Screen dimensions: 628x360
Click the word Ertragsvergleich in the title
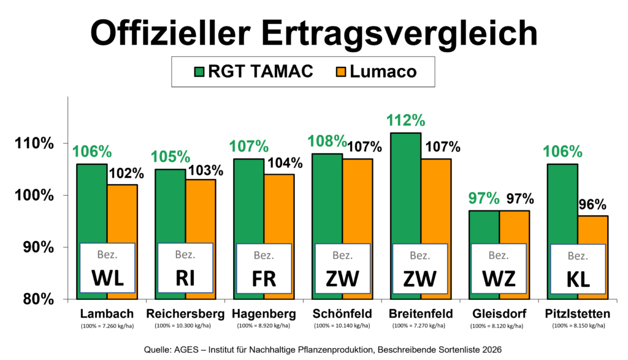(x=400, y=34)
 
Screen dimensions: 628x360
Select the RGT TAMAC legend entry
(x=253, y=72)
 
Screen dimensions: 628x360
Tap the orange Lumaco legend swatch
(x=341, y=72)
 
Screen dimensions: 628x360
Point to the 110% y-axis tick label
(x=34, y=143)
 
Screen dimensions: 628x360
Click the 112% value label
(x=406, y=121)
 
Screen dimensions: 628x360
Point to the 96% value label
(x=592, y=205)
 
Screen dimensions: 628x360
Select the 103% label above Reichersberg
(x=205, y=170)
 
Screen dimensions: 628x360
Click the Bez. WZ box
(x=499, y=268)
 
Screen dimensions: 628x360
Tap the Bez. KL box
(x=578, y=269)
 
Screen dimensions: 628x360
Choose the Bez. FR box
(x=264, y=268)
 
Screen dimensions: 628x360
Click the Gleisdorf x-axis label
(x=499, y=313)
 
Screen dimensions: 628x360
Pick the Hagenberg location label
(x=264, y=314)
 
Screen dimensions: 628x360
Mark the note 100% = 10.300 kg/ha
(x=183, y=326)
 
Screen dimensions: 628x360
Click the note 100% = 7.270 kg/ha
(x=418, y=326)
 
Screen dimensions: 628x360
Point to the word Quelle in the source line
(x=158, y=350)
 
